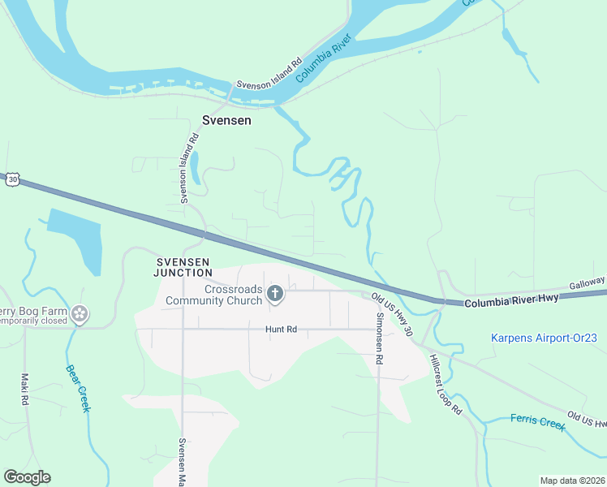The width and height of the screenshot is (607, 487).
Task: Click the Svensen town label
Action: coord(226,120)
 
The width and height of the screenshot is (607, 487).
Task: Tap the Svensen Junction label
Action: coord(183,267)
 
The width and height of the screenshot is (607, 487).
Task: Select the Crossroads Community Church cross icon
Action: coord(275,294)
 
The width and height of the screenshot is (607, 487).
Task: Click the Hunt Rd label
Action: coord(282,330)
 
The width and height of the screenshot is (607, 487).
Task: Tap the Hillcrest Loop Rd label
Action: coord(446,385)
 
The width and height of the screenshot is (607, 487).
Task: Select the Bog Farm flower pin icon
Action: coord(79,314)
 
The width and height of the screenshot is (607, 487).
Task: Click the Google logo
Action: coord(27,477)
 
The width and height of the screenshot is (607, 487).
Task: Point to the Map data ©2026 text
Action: coord(573,480)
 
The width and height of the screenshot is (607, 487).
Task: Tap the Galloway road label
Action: coord(586,281)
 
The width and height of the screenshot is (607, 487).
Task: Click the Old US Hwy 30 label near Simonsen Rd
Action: coord(394,315)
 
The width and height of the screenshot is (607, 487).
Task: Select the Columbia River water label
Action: coord(323,58)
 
